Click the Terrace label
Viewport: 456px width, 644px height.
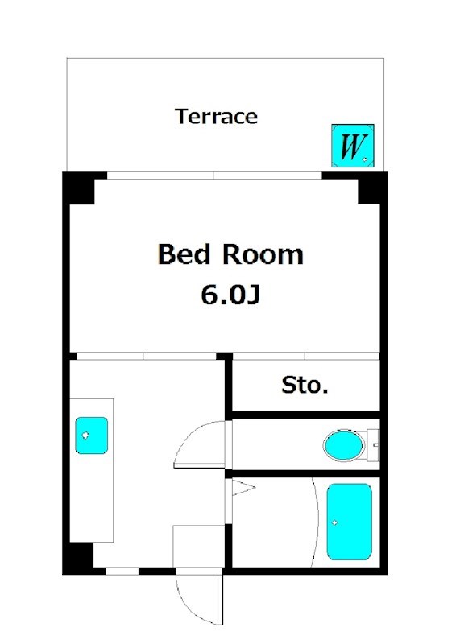click(x=216, y=116)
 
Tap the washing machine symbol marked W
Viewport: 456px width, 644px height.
click(x=353, y=146)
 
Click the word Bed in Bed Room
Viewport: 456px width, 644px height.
click(x=184, y=254)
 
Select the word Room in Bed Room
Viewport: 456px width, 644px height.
click(x=263, y=254)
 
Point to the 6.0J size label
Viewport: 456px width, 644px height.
click(x=230, y=295)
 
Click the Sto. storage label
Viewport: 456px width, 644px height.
click(x=305, y=386)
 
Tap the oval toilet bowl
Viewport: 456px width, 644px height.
click(x=344, y=445)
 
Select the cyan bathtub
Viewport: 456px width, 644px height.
click(x=350, y=522)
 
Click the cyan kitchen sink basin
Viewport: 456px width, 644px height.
click(x=91, y=436)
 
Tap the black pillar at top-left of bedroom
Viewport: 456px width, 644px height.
click(x=79, y=188)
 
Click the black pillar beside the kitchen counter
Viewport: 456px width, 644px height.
click(x=78, y=558)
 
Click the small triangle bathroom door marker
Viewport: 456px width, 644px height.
click(x=243, y=488)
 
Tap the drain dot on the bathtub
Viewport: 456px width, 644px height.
click(x=334, y=522)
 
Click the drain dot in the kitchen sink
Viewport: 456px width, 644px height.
click(x=85, y=435)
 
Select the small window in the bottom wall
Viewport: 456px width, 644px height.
click(x=122, y=571)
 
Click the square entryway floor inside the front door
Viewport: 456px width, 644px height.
click(x=199, y=547)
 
